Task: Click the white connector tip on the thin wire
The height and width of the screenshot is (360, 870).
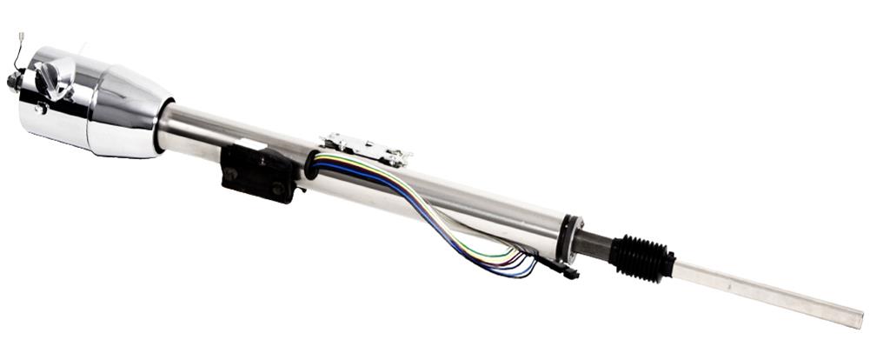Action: pyautogui.click(x=19, y=37)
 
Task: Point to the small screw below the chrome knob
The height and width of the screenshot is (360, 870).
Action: pyautogui.click(x=40, y=108)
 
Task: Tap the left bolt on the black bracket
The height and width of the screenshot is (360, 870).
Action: pyautogui.click(x=232, y=173)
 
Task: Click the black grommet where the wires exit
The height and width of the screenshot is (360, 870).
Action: pyautogui.click(x=311, y=165)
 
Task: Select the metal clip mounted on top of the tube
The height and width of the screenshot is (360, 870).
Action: pyautogui.click(x=365, y=149)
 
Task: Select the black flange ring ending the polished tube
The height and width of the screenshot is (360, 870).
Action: pyautogui.click(x=570, y=236)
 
